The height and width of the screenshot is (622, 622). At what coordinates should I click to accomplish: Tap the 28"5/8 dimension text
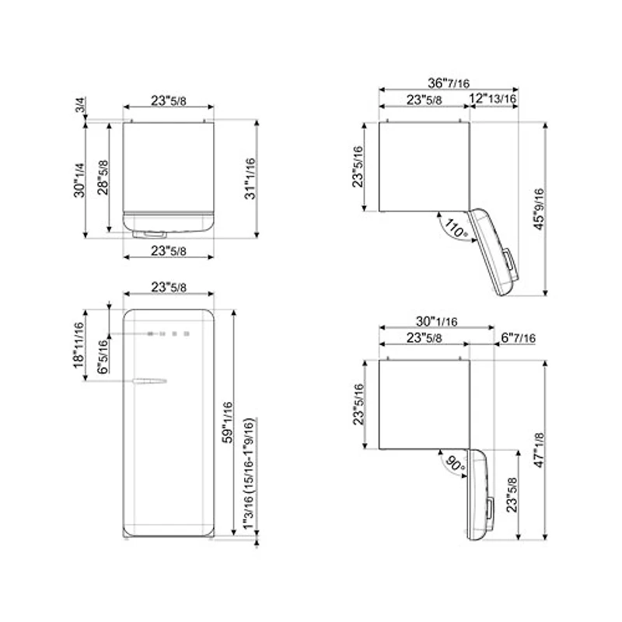click(103, 178)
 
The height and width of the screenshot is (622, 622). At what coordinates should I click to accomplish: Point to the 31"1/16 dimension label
click(250, 178)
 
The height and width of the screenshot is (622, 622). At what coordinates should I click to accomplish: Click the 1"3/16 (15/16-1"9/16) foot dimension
click(250, 475)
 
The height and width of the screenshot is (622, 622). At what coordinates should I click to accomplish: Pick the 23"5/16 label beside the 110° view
click(359, 166)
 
